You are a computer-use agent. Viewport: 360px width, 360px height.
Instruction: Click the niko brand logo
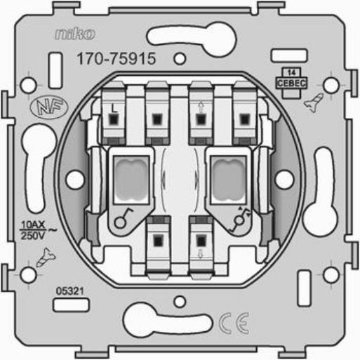[75, 34]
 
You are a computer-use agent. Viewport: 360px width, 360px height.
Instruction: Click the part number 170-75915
[116, 58]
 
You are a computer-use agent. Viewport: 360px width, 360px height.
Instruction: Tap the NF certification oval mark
[49, 107]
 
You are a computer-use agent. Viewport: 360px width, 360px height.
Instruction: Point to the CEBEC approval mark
[291, 80]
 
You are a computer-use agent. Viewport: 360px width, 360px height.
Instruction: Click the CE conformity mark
[234, 324]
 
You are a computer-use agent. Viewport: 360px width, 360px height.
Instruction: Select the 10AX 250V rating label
[37, 230]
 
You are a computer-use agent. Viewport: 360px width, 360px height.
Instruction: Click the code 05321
[69, 291]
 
